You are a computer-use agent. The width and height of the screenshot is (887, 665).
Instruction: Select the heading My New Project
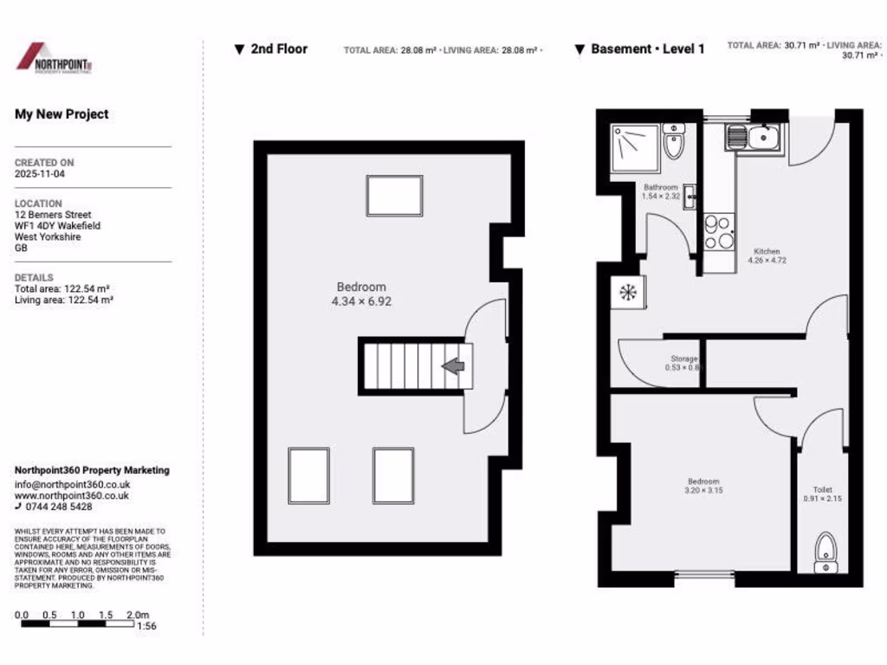click(62, 114)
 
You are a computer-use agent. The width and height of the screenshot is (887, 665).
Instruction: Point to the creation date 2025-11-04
click(39, 174)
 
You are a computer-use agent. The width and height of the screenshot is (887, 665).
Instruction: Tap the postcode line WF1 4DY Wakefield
click(57, 226)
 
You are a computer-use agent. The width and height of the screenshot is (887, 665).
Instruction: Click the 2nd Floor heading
click(278, 49)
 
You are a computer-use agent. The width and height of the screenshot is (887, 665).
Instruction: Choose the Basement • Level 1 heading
click(647, 49)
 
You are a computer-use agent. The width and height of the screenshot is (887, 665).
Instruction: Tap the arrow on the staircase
click(453, 366)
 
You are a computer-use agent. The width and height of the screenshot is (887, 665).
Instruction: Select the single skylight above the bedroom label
click(394, 196)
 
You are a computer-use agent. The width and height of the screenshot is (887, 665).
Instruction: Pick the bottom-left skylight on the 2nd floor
click(308, 475)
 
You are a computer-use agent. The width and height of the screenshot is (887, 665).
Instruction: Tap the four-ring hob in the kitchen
click(718, 229)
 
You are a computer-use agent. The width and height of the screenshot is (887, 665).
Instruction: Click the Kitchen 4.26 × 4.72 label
click(767, 255)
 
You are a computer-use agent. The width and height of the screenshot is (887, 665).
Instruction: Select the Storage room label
click(683, 363)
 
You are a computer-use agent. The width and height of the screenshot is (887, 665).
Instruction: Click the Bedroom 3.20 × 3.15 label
click(702, 486)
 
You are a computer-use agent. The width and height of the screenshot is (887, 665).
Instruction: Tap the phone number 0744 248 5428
click(59, 507)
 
